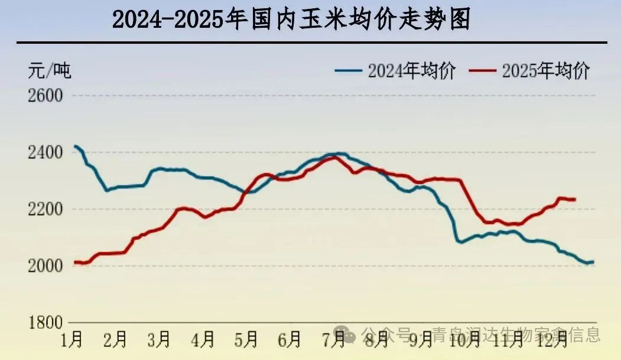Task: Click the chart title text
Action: [291, 20]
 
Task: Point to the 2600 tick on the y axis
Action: [45, 95]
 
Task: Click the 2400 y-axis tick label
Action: [45, 153]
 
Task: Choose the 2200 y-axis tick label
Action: [45, 209]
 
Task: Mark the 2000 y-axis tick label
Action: [45, 266]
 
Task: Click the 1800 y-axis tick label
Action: [45, 323]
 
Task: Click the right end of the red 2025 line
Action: [576, 199]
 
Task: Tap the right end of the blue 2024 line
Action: [593, 262]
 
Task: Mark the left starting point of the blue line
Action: [74, 146]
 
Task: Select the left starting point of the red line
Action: [74, 262]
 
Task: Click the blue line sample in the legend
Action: [348, 71]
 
